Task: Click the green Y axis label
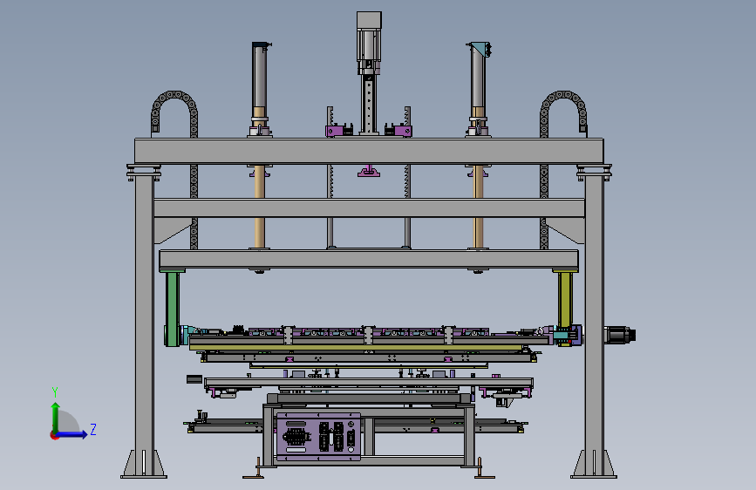click(x=55, y=392)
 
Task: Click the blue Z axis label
click(x=93, y=429)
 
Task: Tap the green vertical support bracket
click(x=172, y=309)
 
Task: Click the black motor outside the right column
click(x=620, y=334)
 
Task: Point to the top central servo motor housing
click(x=369, y=43)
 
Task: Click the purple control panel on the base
click(x=318, y=437)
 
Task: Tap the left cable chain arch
click(x=174, y=112)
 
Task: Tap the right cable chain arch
click(x=563, y=112)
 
